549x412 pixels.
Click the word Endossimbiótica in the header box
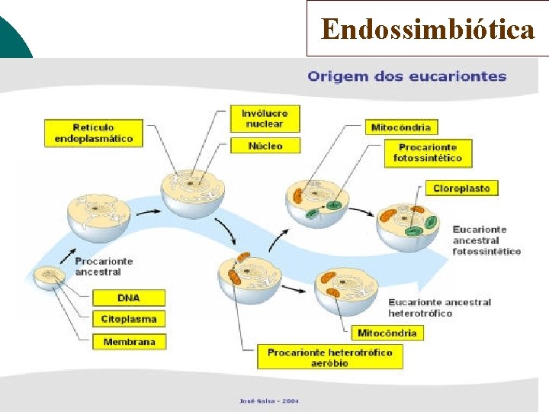(x=428, y=29)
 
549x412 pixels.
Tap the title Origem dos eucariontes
(x=406, y=76)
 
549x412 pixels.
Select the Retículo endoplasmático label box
(x=93, y=132)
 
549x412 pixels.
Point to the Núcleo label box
(x=265, y=145)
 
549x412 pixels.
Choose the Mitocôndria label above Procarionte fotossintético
(x=400, y=127)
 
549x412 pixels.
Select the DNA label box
(x=128, y=297)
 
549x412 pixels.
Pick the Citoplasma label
(x=128, y=319)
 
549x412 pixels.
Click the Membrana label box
(x=128, y=342)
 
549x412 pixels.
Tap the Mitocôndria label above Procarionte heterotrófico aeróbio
(x=387, y=333)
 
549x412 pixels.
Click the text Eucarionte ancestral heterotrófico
(x=439, y=307)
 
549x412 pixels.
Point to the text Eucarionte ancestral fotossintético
(x=486, y=240)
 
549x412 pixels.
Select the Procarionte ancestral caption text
(x=104, y=266)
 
